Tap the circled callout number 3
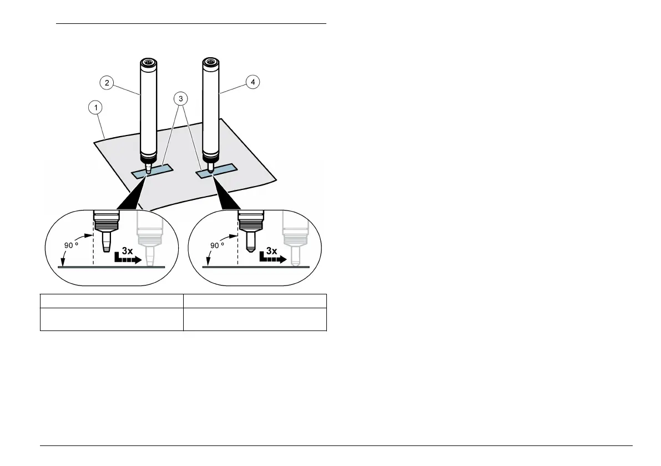tap(180, 98)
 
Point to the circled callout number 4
tap(253, 82)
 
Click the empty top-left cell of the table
tap(112, 301)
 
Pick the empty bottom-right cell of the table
tap(255, 319)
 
